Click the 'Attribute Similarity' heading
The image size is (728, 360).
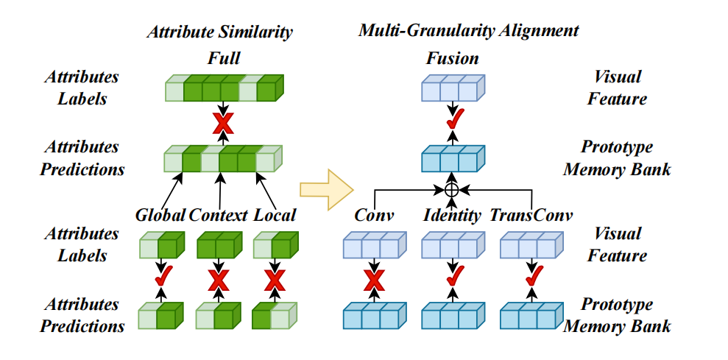[219, 32]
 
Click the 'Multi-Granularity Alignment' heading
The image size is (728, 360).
[468, 31]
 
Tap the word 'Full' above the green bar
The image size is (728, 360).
[224, 58]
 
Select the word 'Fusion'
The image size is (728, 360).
[452, 58]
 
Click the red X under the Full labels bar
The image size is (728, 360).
[222, 124]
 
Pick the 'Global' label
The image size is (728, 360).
[160, 216]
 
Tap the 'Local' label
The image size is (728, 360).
[274, 216]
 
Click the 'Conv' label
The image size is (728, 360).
[375, 216]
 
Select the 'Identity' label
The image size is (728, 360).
[452, 216]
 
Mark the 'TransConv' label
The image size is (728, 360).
[530, 216]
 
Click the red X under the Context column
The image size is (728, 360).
[217, 279]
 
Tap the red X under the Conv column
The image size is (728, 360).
[375, 279]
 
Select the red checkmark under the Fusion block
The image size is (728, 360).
[452, 119]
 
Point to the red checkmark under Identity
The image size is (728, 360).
[452, 277]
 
